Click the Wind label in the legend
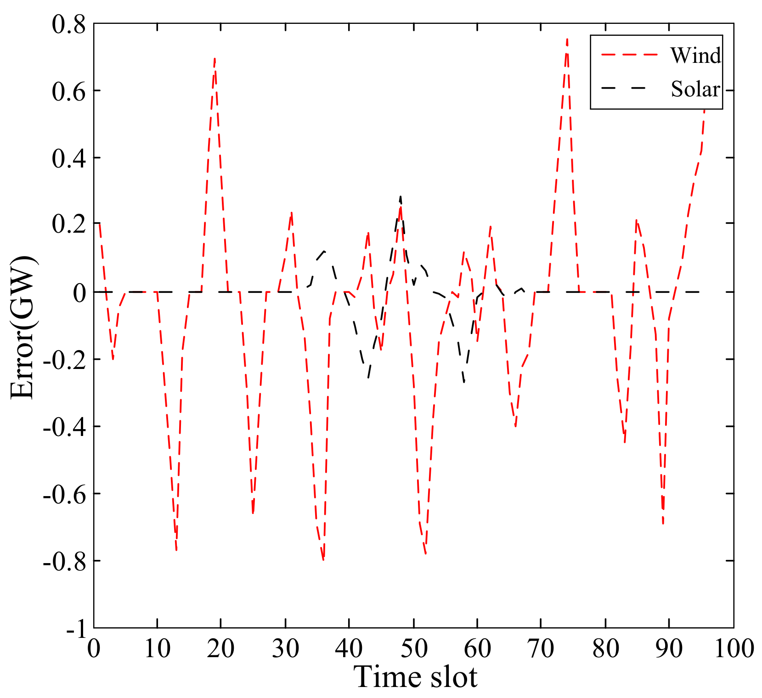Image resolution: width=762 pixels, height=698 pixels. coord(695,56)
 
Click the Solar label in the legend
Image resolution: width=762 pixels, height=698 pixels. coord(695,89)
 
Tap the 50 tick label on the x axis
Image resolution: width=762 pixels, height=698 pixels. coord(413,649)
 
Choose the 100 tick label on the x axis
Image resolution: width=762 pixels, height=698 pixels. coord(734,649)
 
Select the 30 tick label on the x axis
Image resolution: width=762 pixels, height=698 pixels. coord(285,649)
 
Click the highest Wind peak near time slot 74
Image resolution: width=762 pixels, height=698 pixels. coord(567,40)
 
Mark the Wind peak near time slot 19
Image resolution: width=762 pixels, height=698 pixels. coord(215,59)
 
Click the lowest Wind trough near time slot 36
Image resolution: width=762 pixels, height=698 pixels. coord(323,559)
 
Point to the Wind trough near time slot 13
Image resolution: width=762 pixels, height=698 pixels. coord(176,549)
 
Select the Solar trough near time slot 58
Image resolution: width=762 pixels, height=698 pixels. coord(464,382)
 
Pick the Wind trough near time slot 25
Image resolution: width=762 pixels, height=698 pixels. coord(253,513)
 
